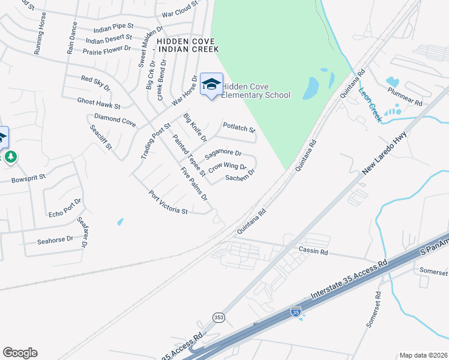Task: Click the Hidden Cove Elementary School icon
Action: pos(211,84)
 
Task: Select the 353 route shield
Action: pos(218,316)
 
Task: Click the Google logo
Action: pos(20,353)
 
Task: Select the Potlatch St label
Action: pos(239,127)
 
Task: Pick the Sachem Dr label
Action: pos(240,175)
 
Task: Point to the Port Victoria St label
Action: pos(169,203)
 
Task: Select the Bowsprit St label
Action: pos(29,179)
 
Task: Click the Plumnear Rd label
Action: pos(405,96)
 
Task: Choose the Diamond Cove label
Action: pos(115,119)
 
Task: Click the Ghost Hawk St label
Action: pos(98,104)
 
